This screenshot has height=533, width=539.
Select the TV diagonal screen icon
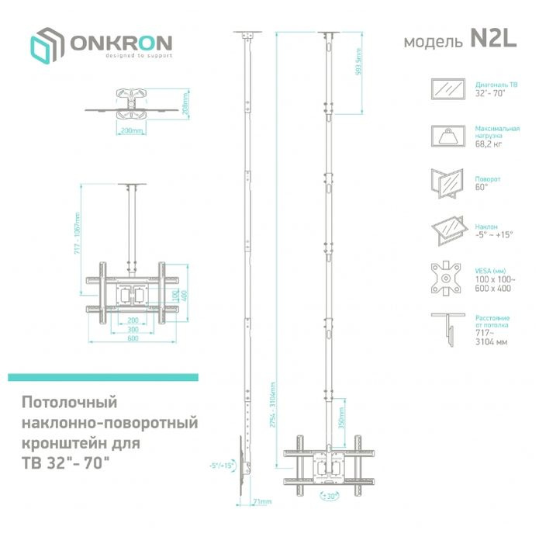click(x=447, y=88)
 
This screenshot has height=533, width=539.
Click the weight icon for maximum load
click(x=447, y=137)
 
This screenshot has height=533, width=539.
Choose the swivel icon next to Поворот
click(x=447, y=183)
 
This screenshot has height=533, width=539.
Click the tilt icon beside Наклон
click(x=447, y=230)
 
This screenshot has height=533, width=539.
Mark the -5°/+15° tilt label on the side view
click(x=221, y=466)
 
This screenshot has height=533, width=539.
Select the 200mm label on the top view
click(x=131, y=131)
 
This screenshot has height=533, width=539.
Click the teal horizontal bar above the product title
click(x=103, y=377)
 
